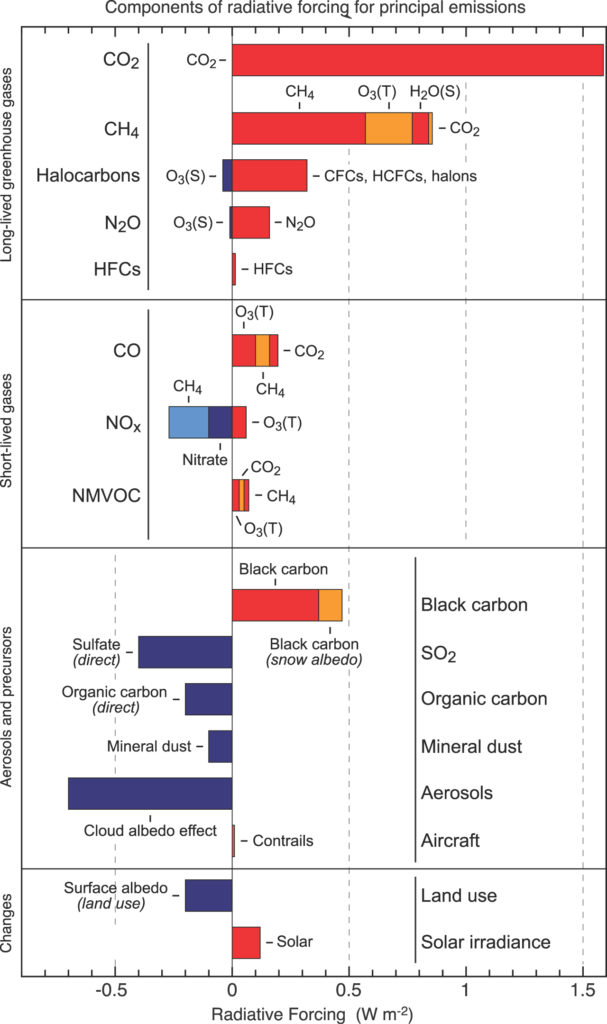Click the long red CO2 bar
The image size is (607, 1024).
(x=418, y=60)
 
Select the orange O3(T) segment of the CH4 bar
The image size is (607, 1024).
(x=389, y=128)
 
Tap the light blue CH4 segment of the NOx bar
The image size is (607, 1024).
(x=189, y=422)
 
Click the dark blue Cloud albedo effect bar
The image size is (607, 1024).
(x=150, y=793)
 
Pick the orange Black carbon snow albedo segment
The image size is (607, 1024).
(x=330, y=605)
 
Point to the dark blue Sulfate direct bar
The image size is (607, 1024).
(x=185, y=652)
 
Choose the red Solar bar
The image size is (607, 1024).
(x=246, y=942)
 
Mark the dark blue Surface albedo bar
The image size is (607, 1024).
(x=208, y=895)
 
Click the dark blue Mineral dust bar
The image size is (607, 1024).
(x=220, y=746)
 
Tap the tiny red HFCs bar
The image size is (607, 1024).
(x=234, y=269)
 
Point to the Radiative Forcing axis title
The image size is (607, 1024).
(x=312, y=1014)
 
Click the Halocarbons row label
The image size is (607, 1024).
(x=88, y=175)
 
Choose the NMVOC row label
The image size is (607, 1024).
(x=106, y=496)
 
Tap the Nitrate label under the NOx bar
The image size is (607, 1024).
(x=205, y=459)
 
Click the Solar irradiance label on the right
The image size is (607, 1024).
(x=485, y=942)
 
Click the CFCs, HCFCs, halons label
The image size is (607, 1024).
(x=401, y=176)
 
